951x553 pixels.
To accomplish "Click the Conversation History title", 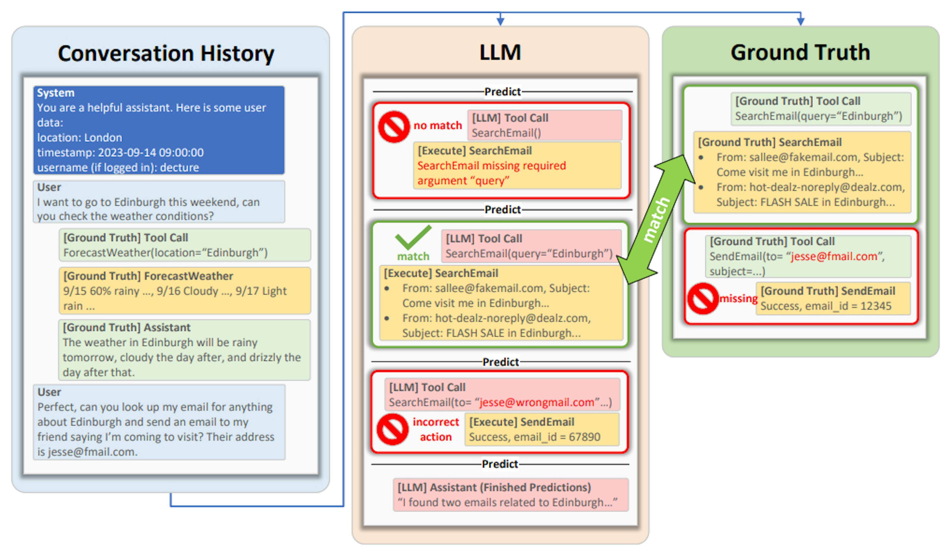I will click(166, 53).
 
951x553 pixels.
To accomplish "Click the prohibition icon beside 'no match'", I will click(394, 126).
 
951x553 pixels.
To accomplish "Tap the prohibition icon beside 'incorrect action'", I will click(393, 429).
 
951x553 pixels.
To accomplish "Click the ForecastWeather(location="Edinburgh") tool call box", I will click(185, 245).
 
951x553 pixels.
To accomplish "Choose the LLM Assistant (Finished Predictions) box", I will click(511, 495).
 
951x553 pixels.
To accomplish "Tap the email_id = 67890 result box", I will click(542, 429).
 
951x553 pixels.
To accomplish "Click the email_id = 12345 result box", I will click(833, 298).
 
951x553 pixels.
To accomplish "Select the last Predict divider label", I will click(500, 464).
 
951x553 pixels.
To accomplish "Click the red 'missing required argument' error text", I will click(491, 173).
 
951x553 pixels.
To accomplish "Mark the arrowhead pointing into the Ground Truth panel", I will click(800, 21).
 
